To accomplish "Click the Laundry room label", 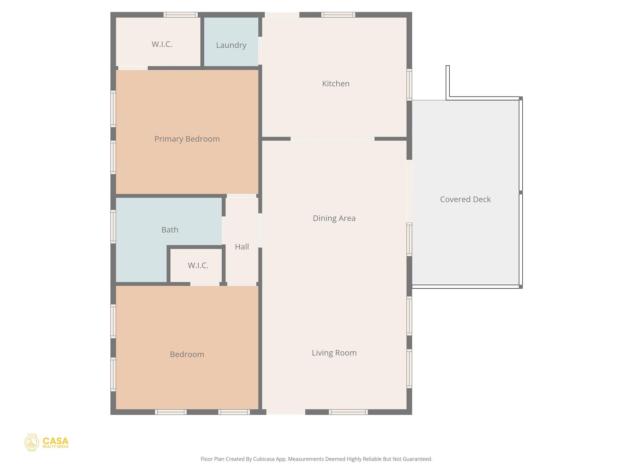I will (x=231, y=45).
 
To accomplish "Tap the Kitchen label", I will (x=336, y=83).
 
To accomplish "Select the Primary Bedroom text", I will (x=187, y=139).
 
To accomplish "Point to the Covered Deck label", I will (x=465, y=199).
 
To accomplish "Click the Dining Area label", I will (x=334, y=218).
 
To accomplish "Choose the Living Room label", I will (x=334, y=353).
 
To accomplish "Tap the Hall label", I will (x=242, y=247).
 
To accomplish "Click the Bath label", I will (x=170, y=230).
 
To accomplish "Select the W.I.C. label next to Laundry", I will (x=162, y=44).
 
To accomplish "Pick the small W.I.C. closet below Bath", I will (x=198, y=265).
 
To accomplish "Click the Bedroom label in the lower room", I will (x=187, y=354).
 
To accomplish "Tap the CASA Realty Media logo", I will (x=46, y=443).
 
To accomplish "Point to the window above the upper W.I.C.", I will (x=181, y=15).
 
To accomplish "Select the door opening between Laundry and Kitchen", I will (x=260, y=51).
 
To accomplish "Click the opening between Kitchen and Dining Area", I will (x=332, y=139).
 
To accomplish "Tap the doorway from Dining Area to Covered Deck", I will (x=409, y=191).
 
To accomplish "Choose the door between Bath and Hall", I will (x=223, y=230).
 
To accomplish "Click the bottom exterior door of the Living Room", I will (x=286, y=412).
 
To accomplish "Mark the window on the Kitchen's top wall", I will (x=338, y=15).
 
